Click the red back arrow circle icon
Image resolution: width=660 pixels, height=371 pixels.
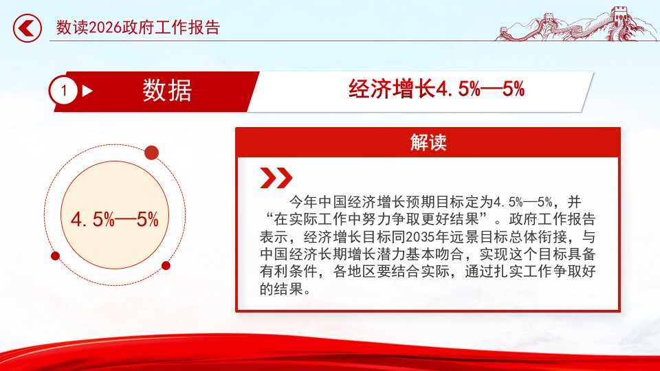(27, 28)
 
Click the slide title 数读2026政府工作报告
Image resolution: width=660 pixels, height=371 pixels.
(138, 27)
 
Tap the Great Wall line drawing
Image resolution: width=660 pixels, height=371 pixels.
(576, 24)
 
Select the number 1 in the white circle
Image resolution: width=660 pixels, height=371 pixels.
(64, 91)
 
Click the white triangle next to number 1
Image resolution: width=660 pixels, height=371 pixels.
(87, 91)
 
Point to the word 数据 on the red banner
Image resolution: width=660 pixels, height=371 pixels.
(167, 91)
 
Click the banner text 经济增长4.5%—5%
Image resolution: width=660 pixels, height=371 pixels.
(437, 89)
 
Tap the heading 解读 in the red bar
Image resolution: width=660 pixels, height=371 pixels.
(428, 143)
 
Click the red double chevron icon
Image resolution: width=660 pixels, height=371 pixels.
(276, 177)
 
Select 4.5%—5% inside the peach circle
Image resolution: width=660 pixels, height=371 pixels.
(115, 220)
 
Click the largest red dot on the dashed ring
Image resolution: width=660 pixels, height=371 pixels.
(151, 153)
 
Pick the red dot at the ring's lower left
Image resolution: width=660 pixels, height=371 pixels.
(55, 256)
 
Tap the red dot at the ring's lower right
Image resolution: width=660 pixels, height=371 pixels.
(166, 265)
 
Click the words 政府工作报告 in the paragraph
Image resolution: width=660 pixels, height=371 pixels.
(552, 219)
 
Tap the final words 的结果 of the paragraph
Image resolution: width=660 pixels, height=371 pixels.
(281, 289)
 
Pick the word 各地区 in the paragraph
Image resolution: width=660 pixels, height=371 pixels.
(355, 271)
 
